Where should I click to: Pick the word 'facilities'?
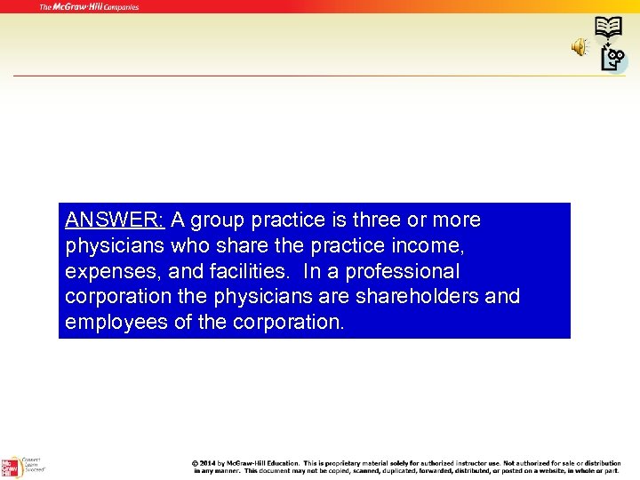(x=229, y=271)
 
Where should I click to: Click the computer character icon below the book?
(x=613, y=59)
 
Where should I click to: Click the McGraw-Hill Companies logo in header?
(x=89, y=7)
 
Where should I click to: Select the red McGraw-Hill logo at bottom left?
(x=10, y=467)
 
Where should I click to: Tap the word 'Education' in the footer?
(x=283, y=463)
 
